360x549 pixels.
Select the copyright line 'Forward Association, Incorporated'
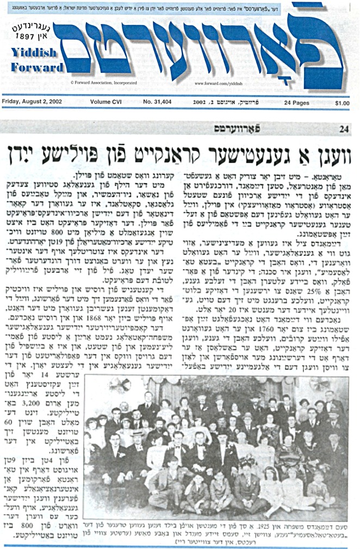104,83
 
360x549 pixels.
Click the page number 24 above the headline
343,129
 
